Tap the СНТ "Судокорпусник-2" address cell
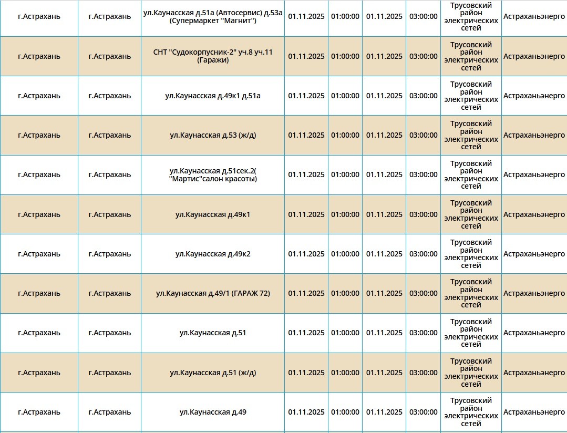pyautogui.click(x=213, y=56)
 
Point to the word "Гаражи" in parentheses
pyautogui.click(x=213, y=60)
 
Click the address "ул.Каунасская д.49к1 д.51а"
pyautogui.click(x=213, y=96)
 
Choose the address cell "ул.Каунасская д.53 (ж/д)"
pyautogui.click(x=213, y=135)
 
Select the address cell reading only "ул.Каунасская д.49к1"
pyautogui.click(x=213, y=214)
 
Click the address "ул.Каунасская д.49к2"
pyautogui.click(x=213, y=254)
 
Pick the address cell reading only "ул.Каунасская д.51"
pyautogui.click(x=213, y=333)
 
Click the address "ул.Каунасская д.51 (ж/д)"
pyautogui.click(x=213, y=373)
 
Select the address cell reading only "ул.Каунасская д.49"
pyautogui.click(x=213, y=412)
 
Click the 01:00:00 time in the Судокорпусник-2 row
pyautogui.click(x=345, y=56)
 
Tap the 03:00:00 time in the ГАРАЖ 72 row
pyautogui.click(x=424, y=293)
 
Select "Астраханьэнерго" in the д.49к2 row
pyautogui.click(x=534, y=254)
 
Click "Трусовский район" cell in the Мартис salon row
pyautogui.click(x=471, y=175)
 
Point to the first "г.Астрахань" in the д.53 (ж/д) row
pyautogui.click(x=39, y=135)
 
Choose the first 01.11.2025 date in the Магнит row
pyautogui.click(x=306, y=16)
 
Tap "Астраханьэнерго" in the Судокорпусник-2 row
pyautogui.click(x=534, y=56)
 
